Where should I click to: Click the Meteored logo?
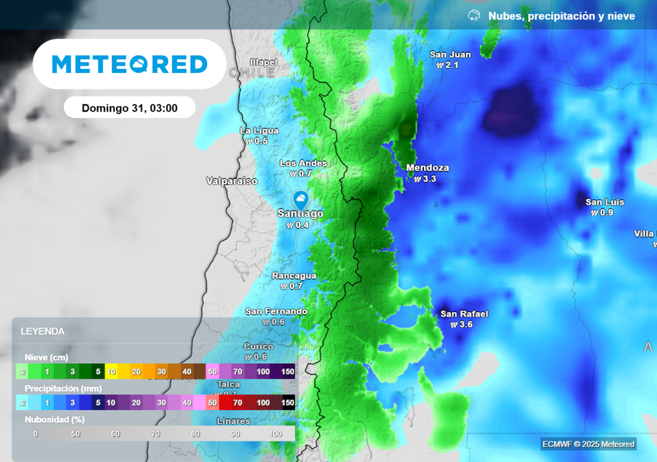pos(130,64)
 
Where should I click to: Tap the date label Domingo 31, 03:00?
pos(130,108)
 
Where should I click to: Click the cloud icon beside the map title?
pos(474,15)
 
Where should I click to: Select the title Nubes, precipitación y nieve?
pos(561,16)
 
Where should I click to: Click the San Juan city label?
pos(450,55)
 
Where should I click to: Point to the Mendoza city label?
pos(427,168)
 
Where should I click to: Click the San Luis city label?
pos(603,202)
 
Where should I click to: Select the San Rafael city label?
pos(464,314)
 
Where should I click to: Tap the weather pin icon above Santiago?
pos(300,198)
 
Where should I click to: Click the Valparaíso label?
pos(232,181)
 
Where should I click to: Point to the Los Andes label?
pos(303,164)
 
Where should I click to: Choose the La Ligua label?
pos(259,130)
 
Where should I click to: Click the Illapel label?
pos(264,62)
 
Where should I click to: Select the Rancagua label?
pos(294,276)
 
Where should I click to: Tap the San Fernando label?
pos(277,311)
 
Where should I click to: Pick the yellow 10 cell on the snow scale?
pos(111,371)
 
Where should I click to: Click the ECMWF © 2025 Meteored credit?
pos(588,444)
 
